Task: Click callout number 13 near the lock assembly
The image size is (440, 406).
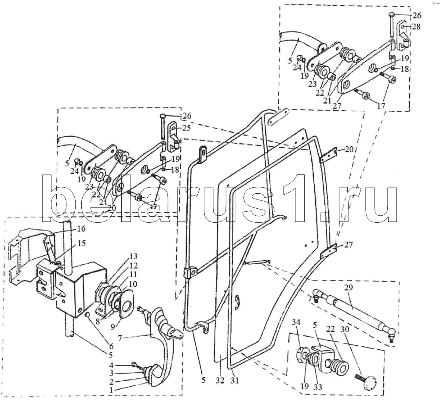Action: point(133,257)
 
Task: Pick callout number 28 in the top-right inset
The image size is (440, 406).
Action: point(416,27)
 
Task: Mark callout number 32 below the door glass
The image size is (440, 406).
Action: point(220,379)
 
